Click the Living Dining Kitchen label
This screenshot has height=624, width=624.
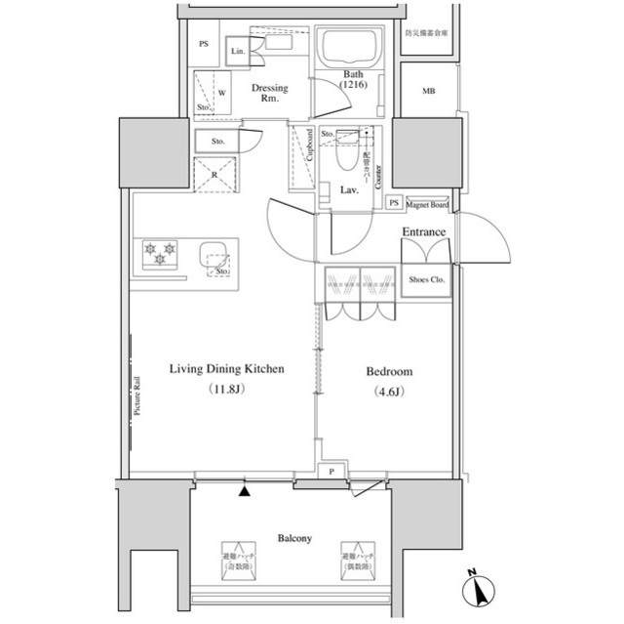(x=226, y=370)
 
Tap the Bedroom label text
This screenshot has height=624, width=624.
(x=389, y=372)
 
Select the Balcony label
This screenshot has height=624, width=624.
(x=293, y=538)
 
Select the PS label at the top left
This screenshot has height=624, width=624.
(x=203, y=45)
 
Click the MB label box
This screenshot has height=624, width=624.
(x=428, y=91)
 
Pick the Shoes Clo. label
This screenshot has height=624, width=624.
(x=425, y=279)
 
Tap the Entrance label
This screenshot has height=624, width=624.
(x=424, y=232)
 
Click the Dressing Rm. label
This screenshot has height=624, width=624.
(x=269, y=93)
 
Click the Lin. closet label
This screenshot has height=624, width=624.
(x=237, y=52)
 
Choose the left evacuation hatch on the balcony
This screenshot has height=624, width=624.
(x=237, y=558)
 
